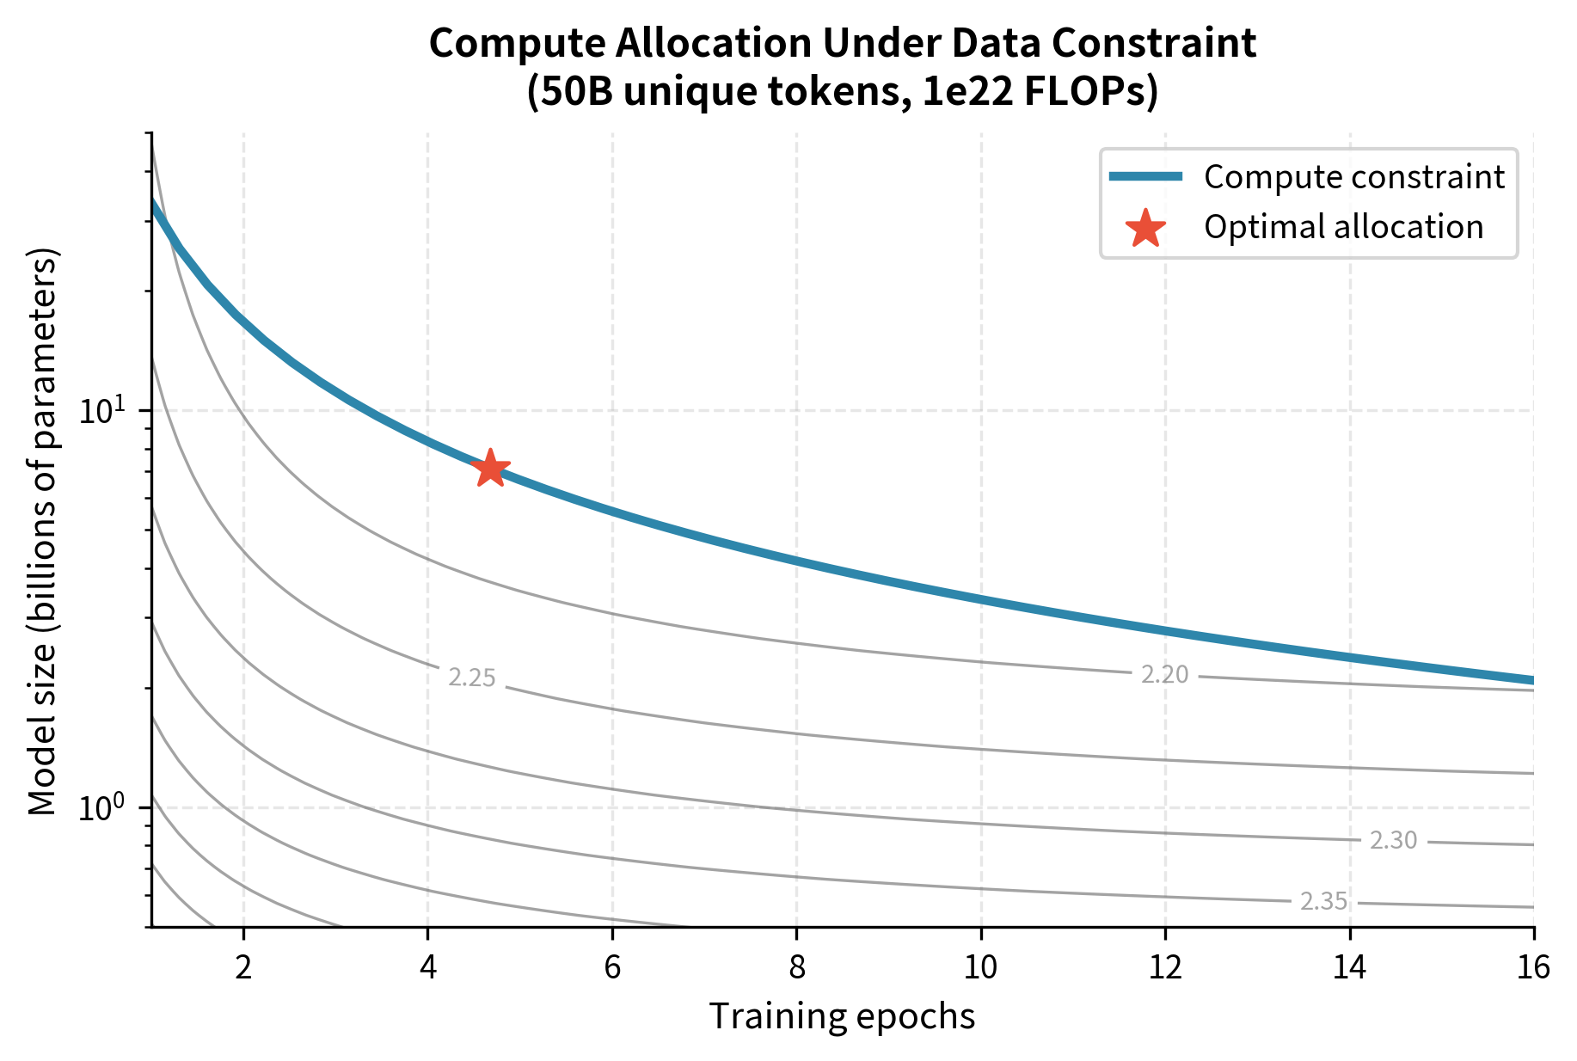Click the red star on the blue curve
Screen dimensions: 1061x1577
click(x=490, y=469)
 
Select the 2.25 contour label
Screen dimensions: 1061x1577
click(x=472, y=678)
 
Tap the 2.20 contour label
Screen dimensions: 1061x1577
click(x=1164, y=675)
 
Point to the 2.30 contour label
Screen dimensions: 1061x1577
click(x=1393, y=841)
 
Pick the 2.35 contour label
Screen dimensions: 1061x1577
click(x=1323, y=901)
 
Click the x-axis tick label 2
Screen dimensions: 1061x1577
click(x=243, y=968)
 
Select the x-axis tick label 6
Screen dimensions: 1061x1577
click(x=612, y=968)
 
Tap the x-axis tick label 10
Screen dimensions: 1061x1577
click(x=980, y=968)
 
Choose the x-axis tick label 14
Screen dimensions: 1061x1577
click(x=1349, y=968)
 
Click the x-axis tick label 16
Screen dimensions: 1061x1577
click(x=1533, y=968)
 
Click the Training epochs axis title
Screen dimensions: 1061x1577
click(x=842, y=1016)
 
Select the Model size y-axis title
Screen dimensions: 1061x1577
click(x=42, y=530)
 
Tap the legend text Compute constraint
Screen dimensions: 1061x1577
click(x=1353, y=177)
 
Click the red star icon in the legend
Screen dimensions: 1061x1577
click(x=1145, y=228)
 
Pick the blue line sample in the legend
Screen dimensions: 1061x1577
click(x=1145, y=177)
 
